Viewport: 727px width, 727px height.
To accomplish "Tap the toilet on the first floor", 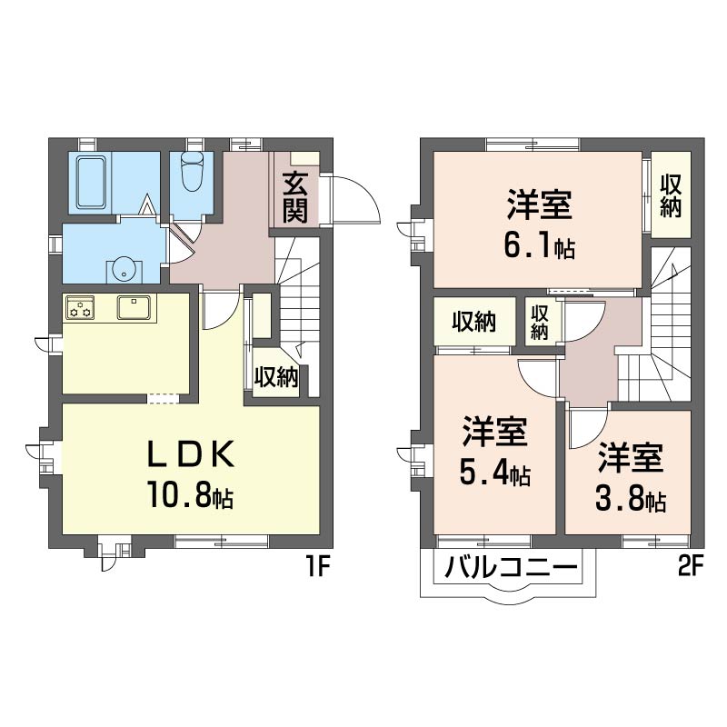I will coord(192,172).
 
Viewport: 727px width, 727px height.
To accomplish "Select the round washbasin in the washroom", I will coord(121,269).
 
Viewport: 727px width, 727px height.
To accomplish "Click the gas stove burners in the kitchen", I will coord(80,308).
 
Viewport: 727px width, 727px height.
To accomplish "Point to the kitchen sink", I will coord(134,308).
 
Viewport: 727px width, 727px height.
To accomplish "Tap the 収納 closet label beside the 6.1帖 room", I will coord(671,195).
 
